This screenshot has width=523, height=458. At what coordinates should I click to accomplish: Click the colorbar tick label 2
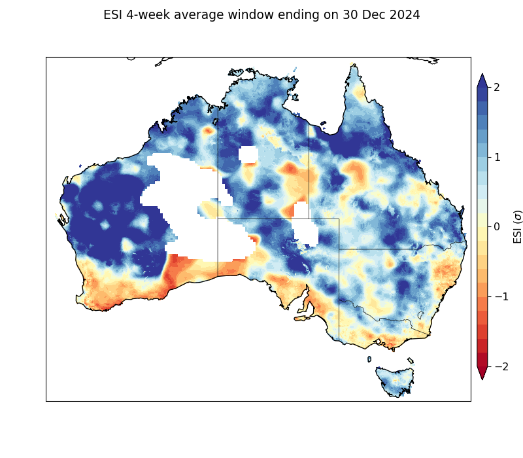pos(501,87)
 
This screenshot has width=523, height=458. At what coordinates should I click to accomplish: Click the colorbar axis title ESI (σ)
pos(518,226)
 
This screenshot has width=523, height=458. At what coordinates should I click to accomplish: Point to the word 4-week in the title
pos(150,15)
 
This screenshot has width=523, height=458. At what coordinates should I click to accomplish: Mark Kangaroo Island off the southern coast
pos(302,318)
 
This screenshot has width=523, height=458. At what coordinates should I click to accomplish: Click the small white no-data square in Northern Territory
pos(248,154)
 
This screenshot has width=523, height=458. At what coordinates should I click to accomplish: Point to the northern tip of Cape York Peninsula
pos(354,65)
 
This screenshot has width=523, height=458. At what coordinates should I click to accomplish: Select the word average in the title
pos(200,15)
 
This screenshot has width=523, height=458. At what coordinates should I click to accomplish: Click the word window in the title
pos(251,15)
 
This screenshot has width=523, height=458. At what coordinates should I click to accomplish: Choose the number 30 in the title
pos(348,15)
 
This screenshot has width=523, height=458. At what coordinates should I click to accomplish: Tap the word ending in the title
pos(297,15)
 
